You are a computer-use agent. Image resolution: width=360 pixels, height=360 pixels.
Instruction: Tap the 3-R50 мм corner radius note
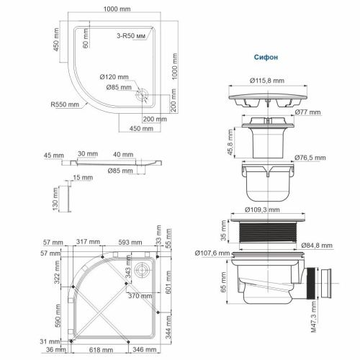point(135,35)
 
